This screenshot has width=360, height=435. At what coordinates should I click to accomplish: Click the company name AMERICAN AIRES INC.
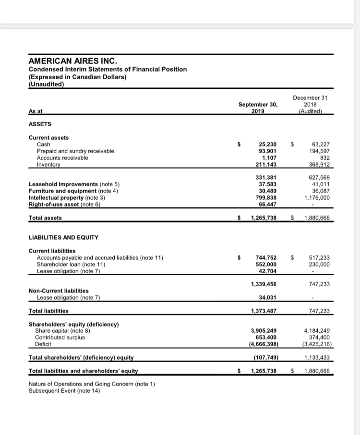pyautogui.click(x=73, y=61)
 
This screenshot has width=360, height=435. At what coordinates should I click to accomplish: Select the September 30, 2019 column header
pyautogui.click(x=258, y=108)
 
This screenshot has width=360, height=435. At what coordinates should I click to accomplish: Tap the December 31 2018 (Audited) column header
pyautogui.click(x=310, y=104)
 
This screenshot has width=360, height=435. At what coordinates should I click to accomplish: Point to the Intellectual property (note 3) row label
pyautogui.click(x=74, y=196)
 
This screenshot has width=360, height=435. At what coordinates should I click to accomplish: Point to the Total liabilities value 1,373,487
pyautogui.click(x=264, y=311)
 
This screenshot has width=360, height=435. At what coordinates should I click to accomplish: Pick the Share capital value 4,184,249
pyautogui.click(x=316, y=330)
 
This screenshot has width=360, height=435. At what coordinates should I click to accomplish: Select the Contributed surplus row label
pyautogui.click(x=60, y=337)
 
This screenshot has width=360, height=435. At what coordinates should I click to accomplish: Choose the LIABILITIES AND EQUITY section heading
pyautogui.click(x=63, y=237)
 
